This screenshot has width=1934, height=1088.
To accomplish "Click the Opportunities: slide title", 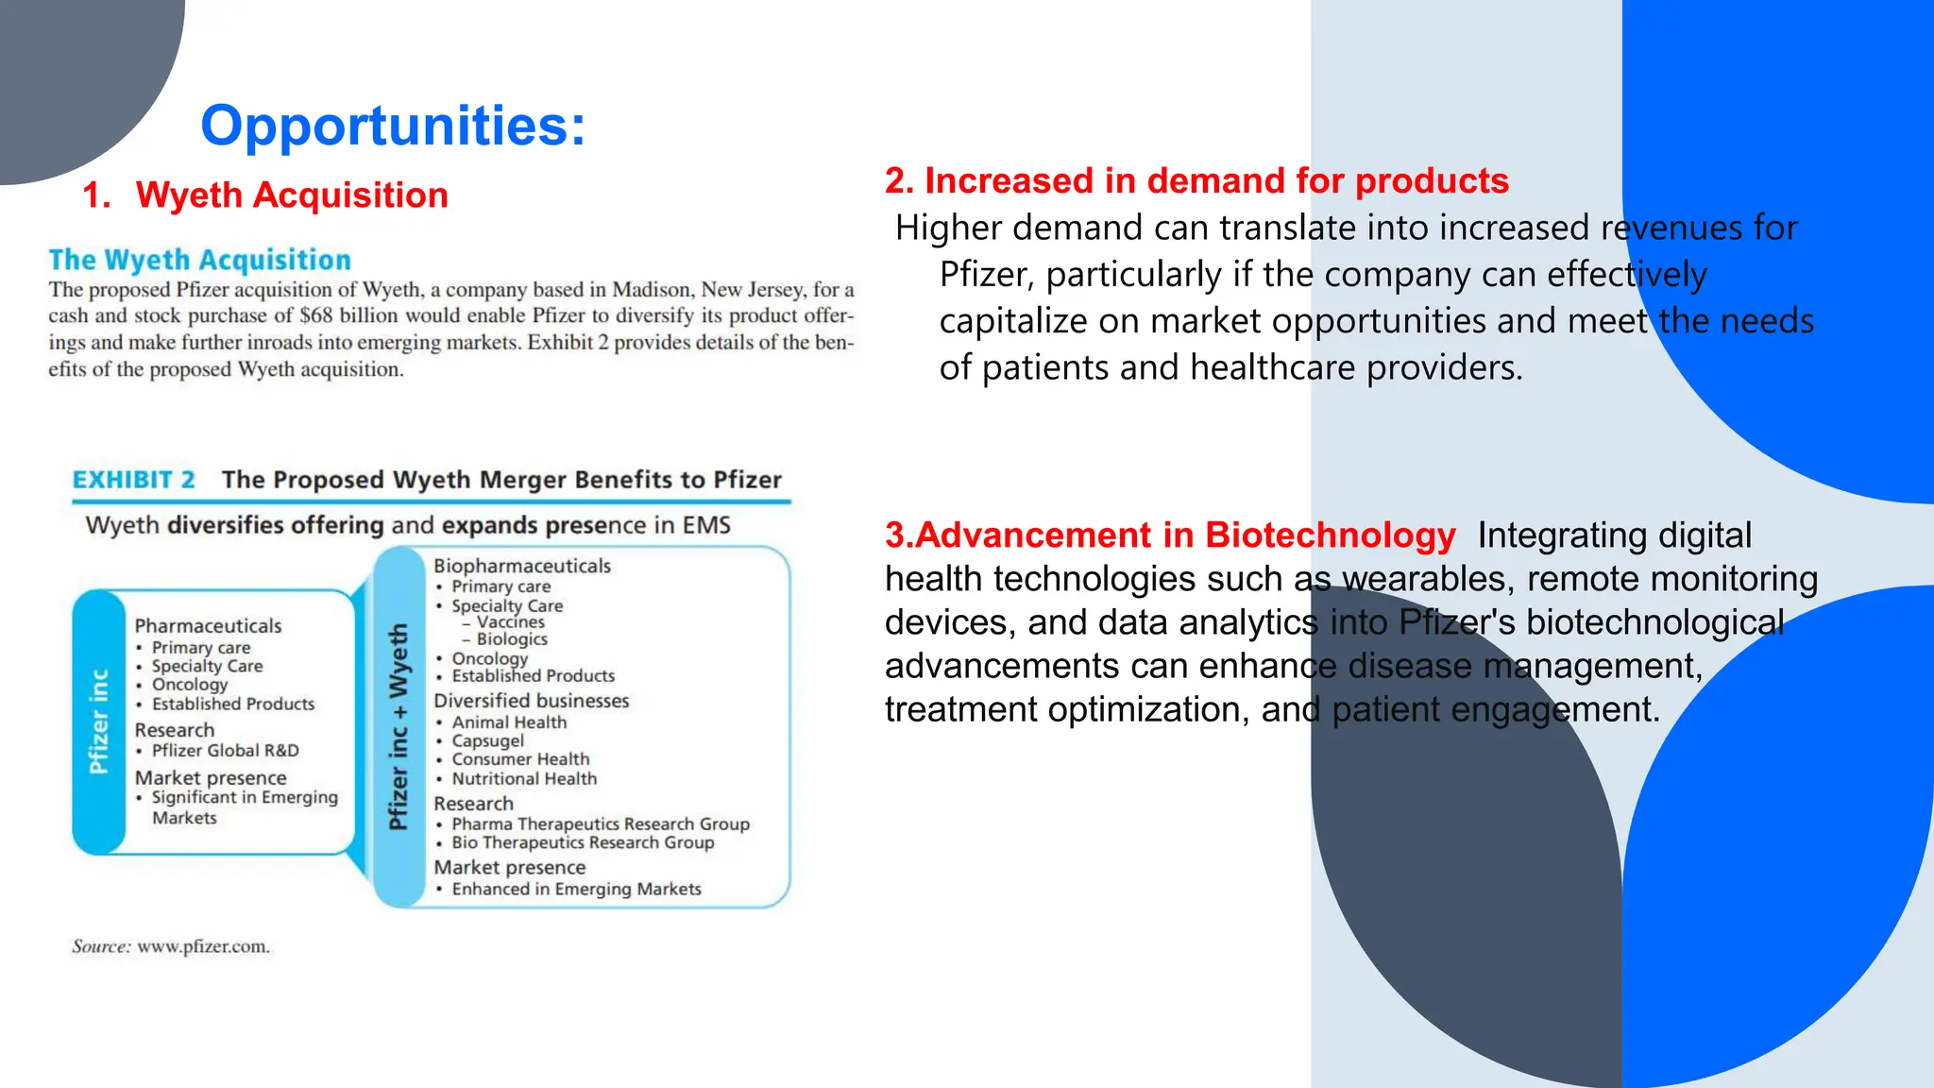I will click(393, 126).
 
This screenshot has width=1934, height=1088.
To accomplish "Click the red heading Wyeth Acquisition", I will click(291, 195).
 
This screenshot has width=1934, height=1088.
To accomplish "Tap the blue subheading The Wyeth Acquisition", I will click(199, 260).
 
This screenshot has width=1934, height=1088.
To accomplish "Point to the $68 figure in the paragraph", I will click(316, 315).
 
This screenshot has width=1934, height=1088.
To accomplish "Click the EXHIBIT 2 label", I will click(134, 480).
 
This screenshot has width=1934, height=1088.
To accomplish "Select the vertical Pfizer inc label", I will click(98, 722).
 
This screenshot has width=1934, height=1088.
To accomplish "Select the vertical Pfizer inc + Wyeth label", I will click(399, 726).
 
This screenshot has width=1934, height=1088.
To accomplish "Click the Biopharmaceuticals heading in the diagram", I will click(521, 566).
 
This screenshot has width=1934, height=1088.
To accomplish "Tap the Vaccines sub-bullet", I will click(510, 622).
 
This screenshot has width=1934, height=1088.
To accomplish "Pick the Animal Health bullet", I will click(509, 722).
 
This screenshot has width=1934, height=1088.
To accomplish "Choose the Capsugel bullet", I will click(487, 741).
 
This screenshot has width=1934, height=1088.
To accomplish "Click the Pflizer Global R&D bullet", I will click(225, 751).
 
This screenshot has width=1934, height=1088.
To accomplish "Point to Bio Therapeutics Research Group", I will click(583, 842).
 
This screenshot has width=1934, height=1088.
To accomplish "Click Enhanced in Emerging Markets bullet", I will click(576, 890).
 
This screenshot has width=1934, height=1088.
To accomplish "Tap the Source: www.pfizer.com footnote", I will click(171, 946).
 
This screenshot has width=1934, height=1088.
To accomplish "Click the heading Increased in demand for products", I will click(1196, 180).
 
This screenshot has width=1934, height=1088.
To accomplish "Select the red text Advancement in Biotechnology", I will click(1170, 535).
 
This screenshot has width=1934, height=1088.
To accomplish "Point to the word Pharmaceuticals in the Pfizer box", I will click(208, 626).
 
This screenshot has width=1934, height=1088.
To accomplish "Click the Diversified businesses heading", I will click(531, 701).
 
